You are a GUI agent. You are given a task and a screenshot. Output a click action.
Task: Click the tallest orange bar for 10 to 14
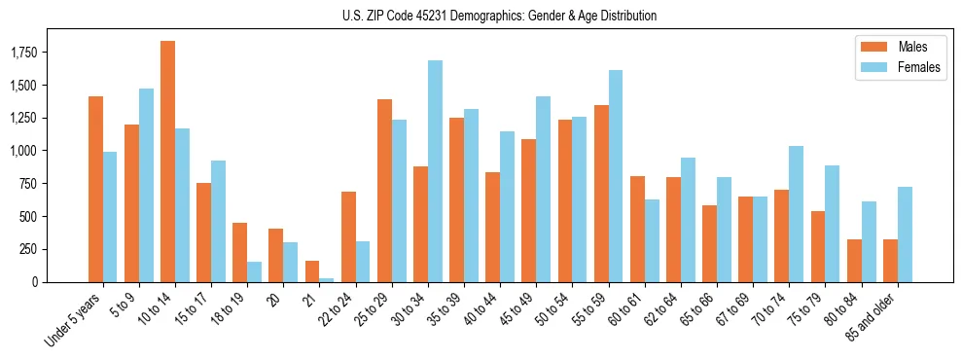pyautogui.click(x=167, y=162)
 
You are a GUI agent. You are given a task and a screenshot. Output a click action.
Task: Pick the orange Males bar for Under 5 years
pyautogui.click(x=95, y=189)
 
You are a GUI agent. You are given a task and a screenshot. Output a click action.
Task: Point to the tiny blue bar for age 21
pyautogui.click(x=326, y=279)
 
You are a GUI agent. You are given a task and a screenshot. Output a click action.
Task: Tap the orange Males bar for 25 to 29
pyautogui.click(x=384, y=191)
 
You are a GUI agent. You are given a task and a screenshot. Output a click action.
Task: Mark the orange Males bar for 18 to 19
pyautogui.click(x=239, y=252)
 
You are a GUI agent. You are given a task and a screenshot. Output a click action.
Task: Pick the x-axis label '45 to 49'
pyautogui.click(x=516, y=310)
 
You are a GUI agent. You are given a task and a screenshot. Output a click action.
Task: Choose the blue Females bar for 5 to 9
pyautogui.click(x=146, y=185)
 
